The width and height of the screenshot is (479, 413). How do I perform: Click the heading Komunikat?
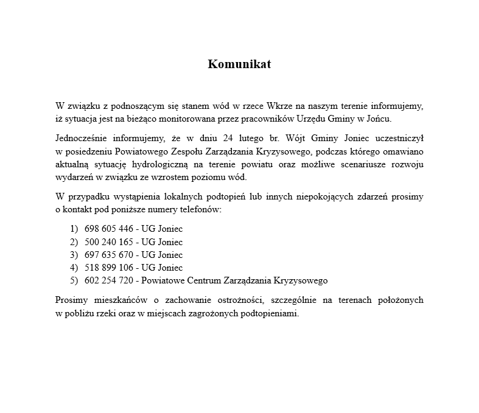coord(239,64)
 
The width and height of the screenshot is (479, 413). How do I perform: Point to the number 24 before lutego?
coord(228,139)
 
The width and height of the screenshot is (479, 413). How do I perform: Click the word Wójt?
coord(297,139)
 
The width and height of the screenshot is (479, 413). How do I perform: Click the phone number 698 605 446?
coord(108,229)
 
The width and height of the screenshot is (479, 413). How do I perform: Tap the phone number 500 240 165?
coord(108,242)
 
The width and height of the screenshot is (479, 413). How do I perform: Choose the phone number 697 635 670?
coord(108,255)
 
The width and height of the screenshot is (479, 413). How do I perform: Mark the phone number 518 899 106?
coord(108,268)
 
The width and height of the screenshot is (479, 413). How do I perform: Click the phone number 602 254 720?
coord(108,280)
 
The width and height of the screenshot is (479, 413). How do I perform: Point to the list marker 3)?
coord(74,255)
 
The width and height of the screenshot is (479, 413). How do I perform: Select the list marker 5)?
coord(74,280)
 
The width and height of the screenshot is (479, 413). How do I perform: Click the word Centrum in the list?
coord(203,280)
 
